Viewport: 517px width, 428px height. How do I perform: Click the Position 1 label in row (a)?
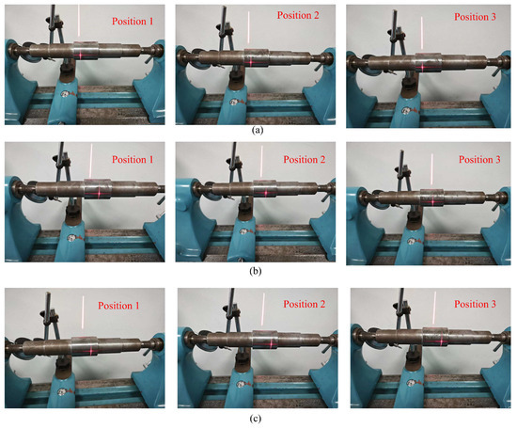[x=131, y=20]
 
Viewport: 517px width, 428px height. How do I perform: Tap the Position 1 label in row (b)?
[x=133, y=160]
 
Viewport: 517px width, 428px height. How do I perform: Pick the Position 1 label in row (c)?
[x=132, y=306]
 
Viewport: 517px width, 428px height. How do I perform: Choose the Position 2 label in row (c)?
[x=305, y=304]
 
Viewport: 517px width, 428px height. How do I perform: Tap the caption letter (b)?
[x=257, y=271]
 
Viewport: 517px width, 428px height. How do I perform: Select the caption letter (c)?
[x=257, y=417]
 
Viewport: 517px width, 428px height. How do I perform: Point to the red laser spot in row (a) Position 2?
[x=251, y=62]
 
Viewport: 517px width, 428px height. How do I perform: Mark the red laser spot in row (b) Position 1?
[x=95, y=193]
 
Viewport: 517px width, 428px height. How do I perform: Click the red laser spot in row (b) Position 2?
[x=267, y=194]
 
